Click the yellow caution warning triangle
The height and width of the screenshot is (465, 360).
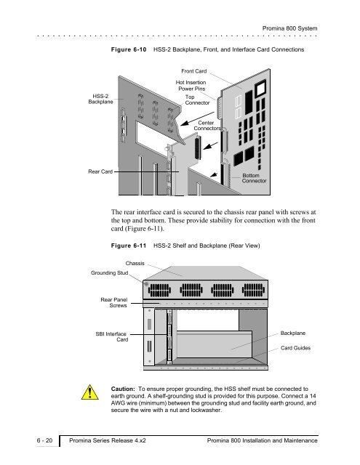[90, 392]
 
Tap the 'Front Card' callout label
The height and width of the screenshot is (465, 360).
[193, 71]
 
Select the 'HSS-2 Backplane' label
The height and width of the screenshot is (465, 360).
[100, 99]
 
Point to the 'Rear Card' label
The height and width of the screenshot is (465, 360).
[100, 171]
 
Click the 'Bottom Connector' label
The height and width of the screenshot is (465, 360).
[254, 178]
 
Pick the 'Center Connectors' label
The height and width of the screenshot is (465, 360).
[207, 126]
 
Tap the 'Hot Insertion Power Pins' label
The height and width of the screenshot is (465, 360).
[191, 86]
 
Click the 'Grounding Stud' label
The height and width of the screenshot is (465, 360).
[110, 273]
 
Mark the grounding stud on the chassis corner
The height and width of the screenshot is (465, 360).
[146, 284]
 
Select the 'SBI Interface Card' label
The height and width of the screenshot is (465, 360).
[112, 336]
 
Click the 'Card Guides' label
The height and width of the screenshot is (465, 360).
[295, 348]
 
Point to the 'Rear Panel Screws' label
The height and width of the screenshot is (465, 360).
[114, 302]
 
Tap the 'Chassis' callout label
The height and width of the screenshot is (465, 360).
[135, 263]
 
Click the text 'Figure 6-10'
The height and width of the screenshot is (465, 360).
[129, 49]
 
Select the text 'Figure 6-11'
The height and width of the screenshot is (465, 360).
[129, 246]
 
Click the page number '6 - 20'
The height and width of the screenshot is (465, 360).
[44, 440]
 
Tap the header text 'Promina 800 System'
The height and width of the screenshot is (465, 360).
[289, 28]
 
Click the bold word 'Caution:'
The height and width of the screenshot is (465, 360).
[123, 389]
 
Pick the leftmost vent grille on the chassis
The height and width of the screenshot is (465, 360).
[160, 290]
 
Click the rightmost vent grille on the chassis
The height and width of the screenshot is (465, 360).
[253, 290]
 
